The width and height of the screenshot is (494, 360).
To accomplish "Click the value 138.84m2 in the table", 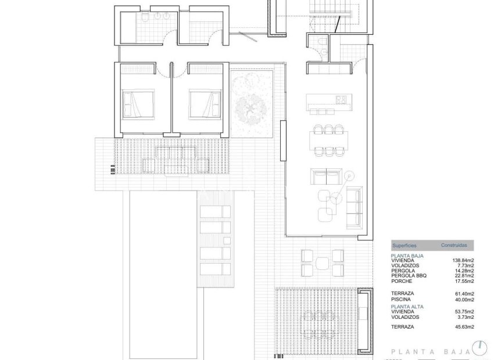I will coord(463,261).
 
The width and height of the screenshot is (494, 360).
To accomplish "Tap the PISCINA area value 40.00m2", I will coord(464,300).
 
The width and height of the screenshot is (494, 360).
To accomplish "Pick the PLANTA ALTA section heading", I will coord(407,306).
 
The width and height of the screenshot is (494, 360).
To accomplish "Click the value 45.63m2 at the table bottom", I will coord(464,327).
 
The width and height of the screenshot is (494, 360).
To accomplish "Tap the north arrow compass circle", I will coord(479,348).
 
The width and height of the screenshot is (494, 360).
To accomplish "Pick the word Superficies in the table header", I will coord(404,246).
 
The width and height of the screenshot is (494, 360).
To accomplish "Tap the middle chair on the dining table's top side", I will coord(329,129).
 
